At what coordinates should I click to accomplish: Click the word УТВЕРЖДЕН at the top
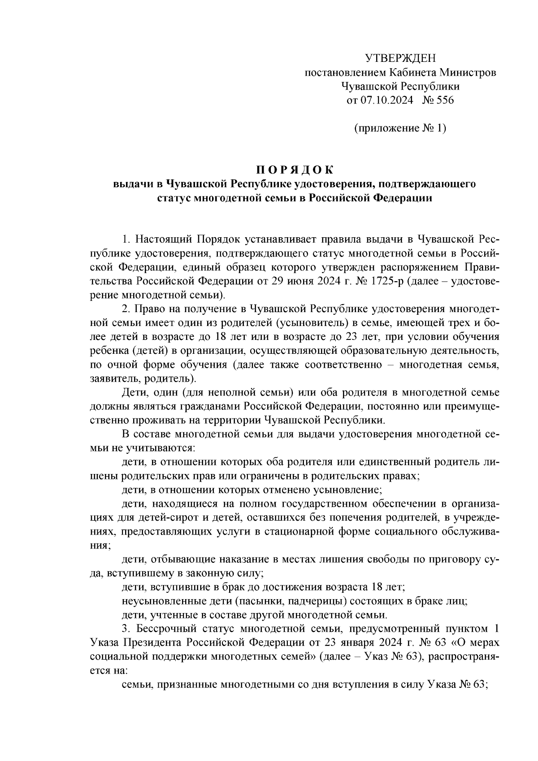(400, 59)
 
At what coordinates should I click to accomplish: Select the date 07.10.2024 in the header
(386, 100)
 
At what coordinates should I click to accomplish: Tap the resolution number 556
(444, 100)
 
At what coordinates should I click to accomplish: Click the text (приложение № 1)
(400, 128)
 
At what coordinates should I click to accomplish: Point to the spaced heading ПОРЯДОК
(295, 170)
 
